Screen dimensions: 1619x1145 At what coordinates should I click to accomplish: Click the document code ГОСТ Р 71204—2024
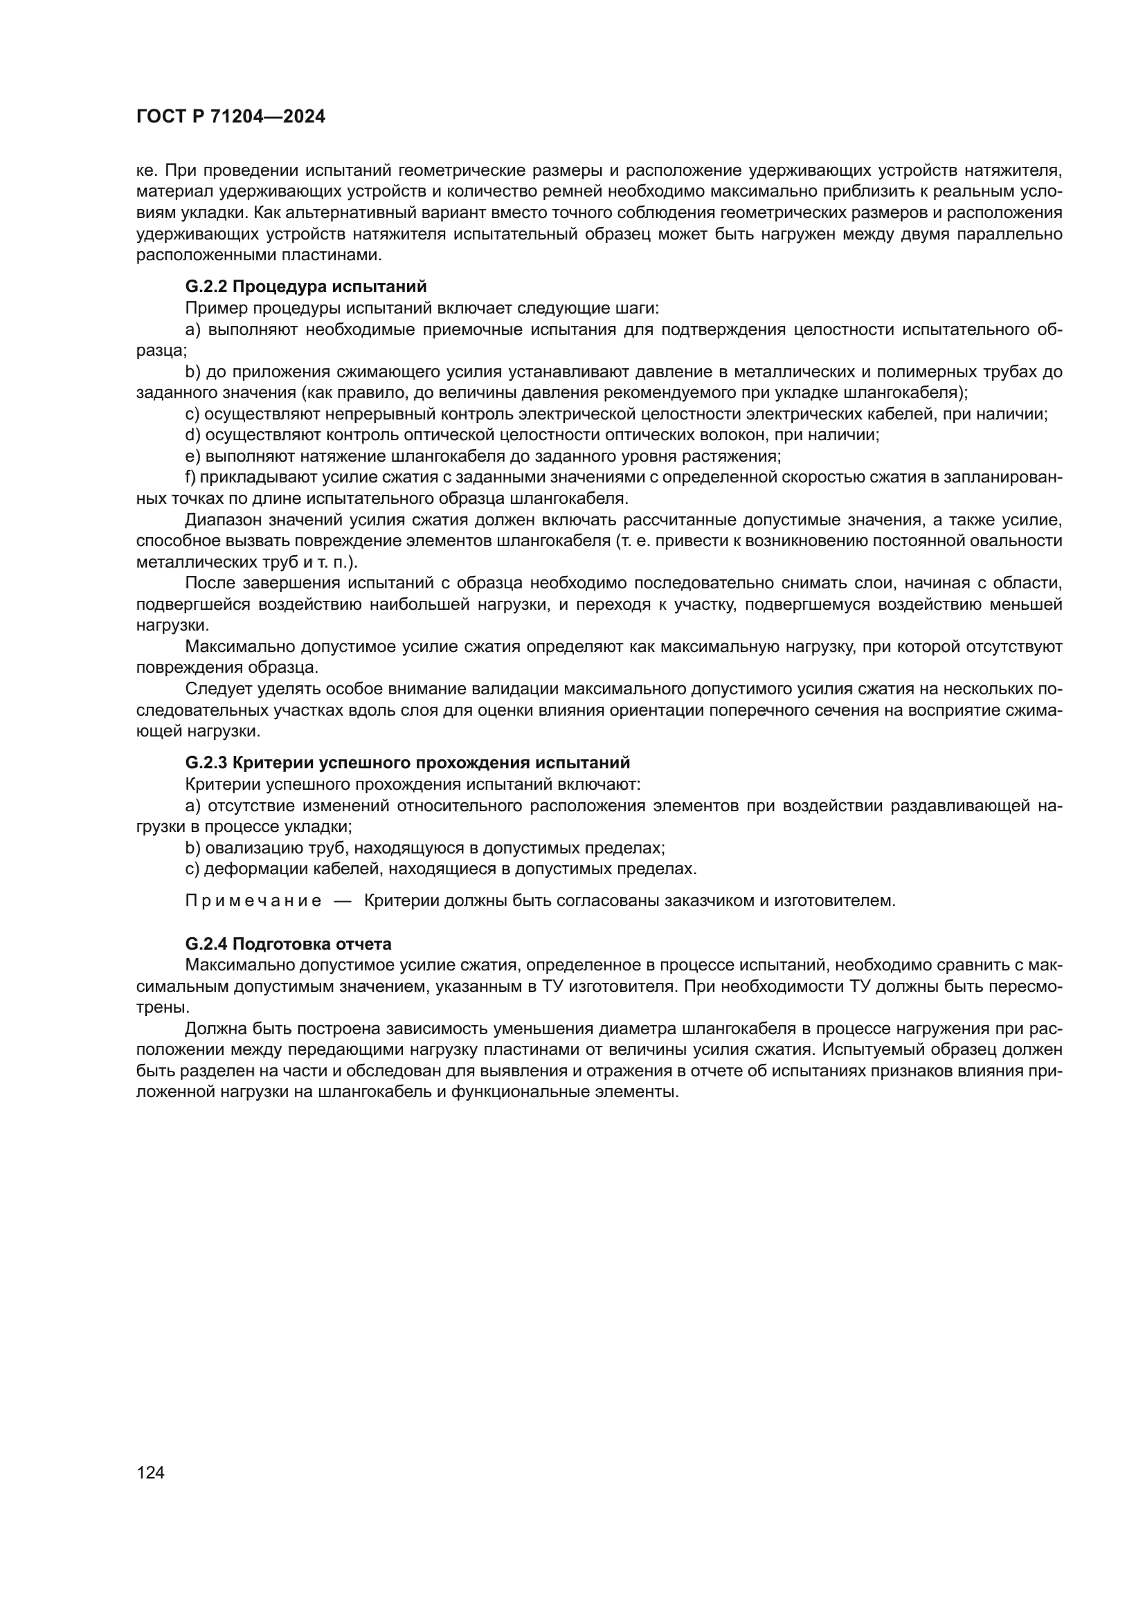click(x=231, y=116)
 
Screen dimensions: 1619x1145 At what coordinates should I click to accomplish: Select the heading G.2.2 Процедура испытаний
click(x=306, y=287)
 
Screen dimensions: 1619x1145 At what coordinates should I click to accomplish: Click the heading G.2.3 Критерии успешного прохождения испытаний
click(x=408, y=763)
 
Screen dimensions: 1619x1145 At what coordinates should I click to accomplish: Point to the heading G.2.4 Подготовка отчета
click(x=289, y=943)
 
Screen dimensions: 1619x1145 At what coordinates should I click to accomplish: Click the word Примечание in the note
click(x=253, y=901)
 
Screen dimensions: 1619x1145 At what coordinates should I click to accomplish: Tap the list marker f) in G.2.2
click(x=190, y=478)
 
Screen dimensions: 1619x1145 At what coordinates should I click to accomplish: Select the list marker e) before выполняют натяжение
click(x=192, y=456)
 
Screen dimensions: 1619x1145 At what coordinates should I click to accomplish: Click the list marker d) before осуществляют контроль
click(x=192, y=435)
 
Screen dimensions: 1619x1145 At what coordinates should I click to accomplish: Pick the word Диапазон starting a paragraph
click(x=224, y=521)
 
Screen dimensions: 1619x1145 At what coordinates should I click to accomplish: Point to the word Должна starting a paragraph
click(x=214, y=1029)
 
